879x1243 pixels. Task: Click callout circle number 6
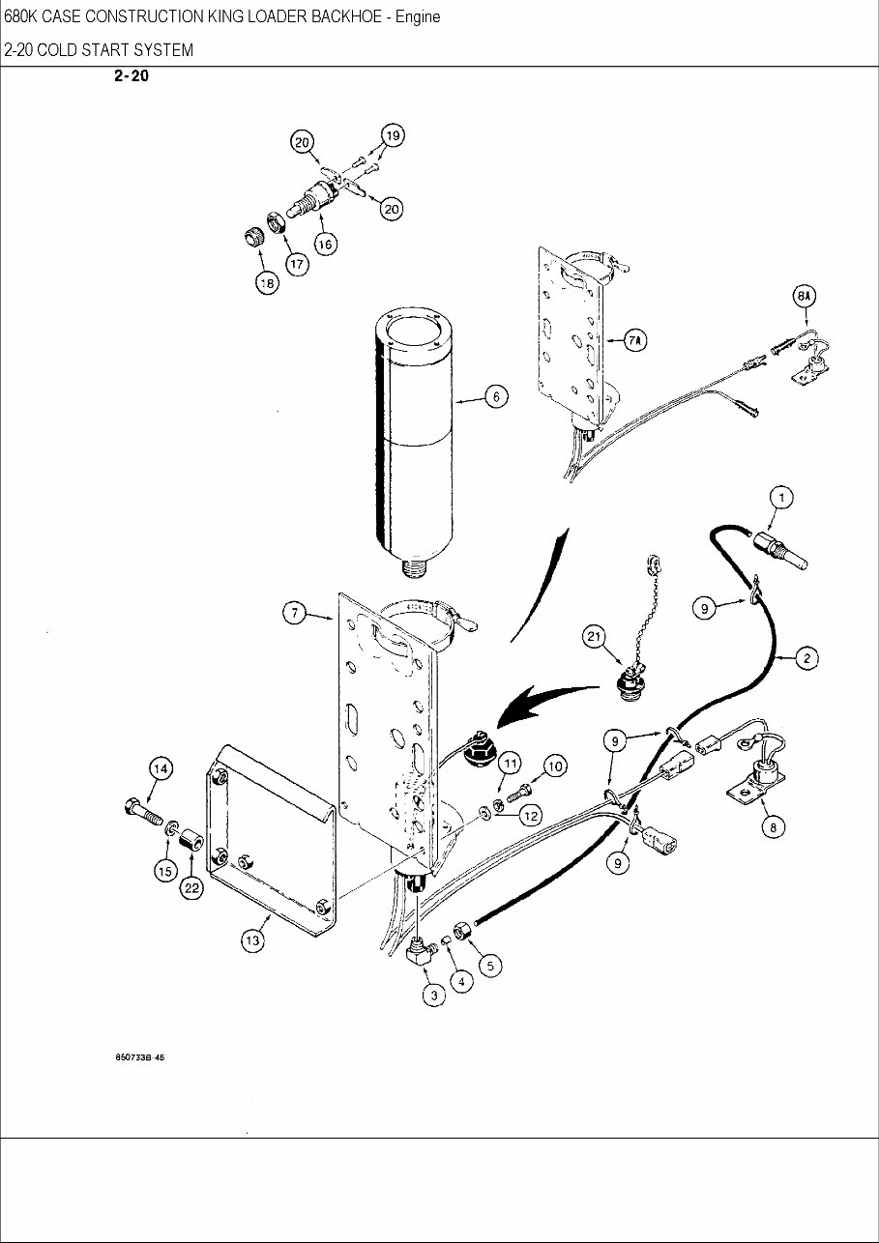coord(495,396)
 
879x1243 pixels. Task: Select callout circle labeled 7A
coord(635,340)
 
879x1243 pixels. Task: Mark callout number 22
coord(193,888)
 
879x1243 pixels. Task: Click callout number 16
coord(325,245)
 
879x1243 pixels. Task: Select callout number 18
coord(266,282)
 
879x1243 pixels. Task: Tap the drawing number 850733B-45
coord(140,1057)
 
